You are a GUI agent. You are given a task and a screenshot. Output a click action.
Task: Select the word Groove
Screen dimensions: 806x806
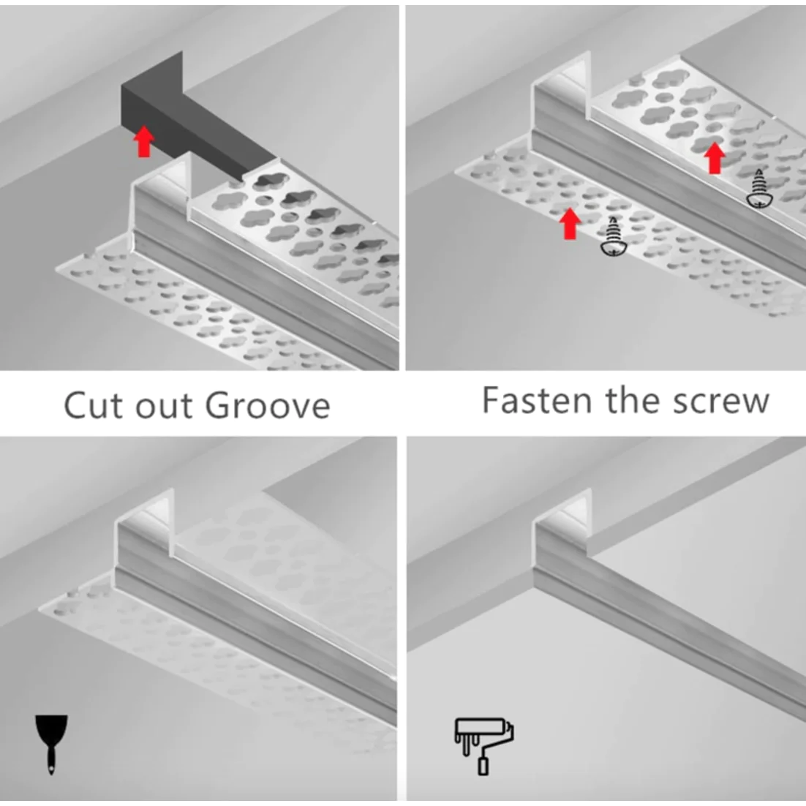(268, 404)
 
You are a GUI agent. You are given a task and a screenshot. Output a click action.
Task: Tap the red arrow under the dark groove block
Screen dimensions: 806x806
(144, 141)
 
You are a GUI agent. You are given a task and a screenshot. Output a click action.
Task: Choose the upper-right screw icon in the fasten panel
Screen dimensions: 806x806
(758, 189)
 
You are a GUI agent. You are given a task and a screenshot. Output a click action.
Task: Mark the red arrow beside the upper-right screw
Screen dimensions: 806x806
(714, 157)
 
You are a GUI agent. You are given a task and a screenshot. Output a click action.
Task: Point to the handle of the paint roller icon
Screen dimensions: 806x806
(483, 765)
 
